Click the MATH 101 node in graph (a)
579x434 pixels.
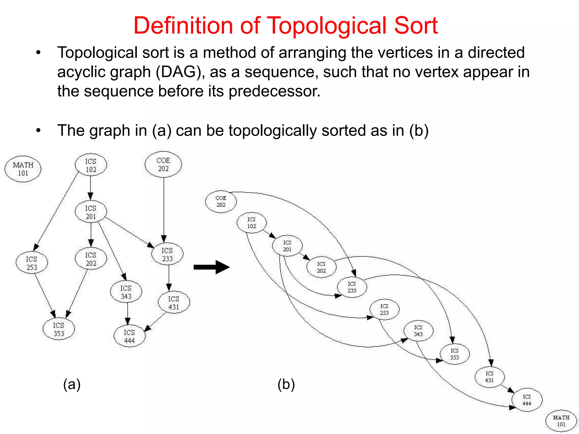23,169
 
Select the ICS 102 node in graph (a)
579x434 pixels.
91,165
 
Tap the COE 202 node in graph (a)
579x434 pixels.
163,164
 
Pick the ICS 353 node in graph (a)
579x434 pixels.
59,329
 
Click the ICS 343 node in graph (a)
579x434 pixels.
126,292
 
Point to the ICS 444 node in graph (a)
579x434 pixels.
129,336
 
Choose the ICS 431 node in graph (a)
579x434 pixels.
174,303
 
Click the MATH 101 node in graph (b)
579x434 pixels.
561,421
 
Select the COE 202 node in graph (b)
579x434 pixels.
221,201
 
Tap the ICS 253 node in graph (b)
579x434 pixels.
384,309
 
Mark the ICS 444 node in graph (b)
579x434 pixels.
527,400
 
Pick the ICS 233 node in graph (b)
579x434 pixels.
352,287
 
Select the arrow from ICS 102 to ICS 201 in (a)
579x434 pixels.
90,188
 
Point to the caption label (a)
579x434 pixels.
72,385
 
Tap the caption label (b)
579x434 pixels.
286,385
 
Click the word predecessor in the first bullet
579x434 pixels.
274,91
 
